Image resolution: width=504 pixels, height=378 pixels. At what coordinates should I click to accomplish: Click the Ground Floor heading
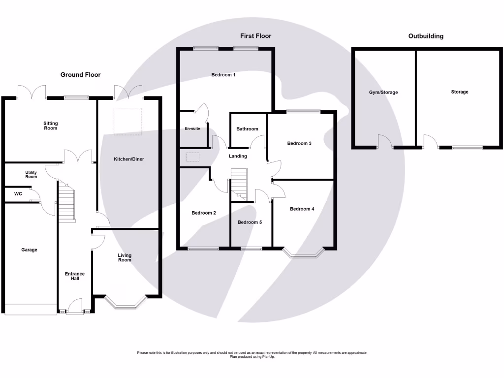(80, 75)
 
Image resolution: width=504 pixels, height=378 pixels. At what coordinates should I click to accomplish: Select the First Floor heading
(255, 36)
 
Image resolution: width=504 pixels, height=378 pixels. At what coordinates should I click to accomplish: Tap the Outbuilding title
(426, 36)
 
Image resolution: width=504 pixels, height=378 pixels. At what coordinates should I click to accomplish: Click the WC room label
(18, 194)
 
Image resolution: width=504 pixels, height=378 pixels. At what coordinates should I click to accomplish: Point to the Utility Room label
(31, 174)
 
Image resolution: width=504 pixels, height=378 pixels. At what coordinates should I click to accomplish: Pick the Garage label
(29, 250)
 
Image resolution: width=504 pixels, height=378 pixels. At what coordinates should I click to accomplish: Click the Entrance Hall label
(75, 276)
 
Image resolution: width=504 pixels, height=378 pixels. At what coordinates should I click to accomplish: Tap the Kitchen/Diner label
(129, 159)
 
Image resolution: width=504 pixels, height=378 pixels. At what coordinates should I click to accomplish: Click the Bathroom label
(247, 129)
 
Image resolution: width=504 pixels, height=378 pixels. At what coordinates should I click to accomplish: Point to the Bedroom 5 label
(250, 222)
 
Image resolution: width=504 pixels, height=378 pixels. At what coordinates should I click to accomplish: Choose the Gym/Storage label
(383, 92)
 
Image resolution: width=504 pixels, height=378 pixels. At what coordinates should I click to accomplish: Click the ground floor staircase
(66, 202)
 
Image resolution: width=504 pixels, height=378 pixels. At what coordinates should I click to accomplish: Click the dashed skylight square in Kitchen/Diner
(128, 121)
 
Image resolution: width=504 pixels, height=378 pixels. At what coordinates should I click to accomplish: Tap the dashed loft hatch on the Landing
(192, 157)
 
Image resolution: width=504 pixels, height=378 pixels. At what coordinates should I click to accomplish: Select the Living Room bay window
(125, 304)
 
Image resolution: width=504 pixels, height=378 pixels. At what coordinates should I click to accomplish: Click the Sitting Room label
(50, 126)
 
